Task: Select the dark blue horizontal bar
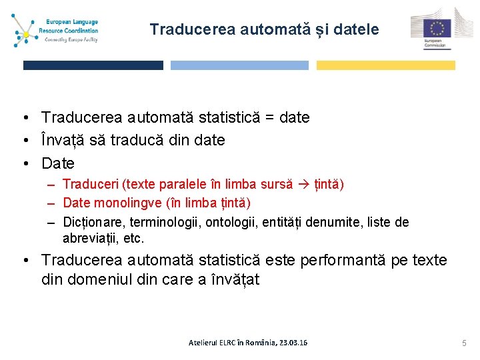pos(93,65)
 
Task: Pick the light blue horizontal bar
pos(239,65)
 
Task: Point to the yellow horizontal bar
pos(385,65)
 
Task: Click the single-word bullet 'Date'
pos(58,163)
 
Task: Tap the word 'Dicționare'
pos(93,222)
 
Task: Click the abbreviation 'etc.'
pos(133,238)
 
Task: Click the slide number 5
pos(463,343)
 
